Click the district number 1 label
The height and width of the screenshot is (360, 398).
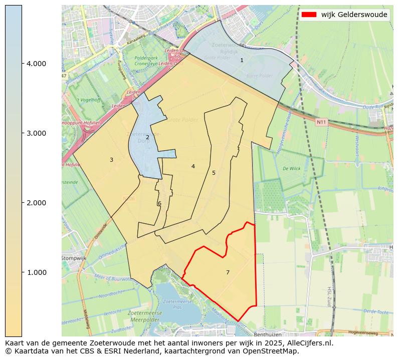[242, 60]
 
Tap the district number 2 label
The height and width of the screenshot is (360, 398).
[147, 137]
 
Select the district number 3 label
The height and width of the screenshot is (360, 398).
[111, 160]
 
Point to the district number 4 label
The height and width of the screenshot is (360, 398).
[193, 166]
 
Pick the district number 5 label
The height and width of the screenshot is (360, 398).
[214, 173]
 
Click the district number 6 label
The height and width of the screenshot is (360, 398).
[159, 203]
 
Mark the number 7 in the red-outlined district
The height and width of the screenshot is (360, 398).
[228, 272]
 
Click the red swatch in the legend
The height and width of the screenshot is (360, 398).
[309, 15]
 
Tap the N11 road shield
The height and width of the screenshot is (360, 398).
[321, 122]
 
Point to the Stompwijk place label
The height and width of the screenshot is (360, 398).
[74, 258]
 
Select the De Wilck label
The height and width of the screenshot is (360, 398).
[291, 169]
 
